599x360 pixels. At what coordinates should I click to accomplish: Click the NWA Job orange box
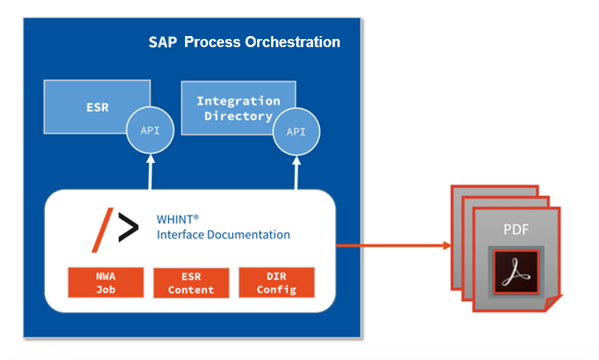(105, 282)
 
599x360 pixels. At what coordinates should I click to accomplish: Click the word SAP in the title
(163, 42)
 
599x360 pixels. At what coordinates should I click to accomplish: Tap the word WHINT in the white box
(178, 219)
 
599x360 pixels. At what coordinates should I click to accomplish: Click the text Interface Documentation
(223, 235)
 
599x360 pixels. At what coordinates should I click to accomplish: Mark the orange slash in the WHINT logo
(107, 230)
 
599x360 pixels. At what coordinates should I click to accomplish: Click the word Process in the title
(211, 42)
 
